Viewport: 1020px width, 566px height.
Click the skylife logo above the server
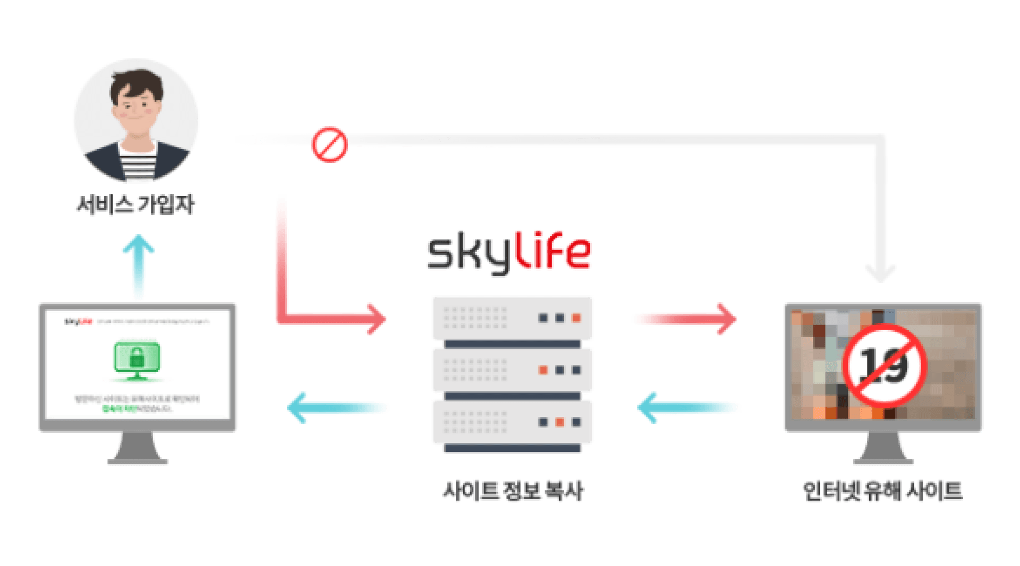pyautogui.click(x=508, y=252)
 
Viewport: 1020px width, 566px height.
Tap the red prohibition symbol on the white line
pyautogui.click(x=329, y=144)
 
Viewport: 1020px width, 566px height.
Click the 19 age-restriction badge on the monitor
pyautogui.click(x=885, y=365)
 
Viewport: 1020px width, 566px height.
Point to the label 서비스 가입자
pyautogui.click(x=135, y=205)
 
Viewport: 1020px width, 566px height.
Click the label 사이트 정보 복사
pyautogui.click(x=513, y=491)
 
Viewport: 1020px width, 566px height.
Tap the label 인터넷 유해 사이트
pyautogui.click(x=882, y=491)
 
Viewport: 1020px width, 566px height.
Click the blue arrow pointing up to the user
pyautogui.click(x=139, y=265)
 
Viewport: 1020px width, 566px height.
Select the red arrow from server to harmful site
pyautogui.click(x=685, y=319)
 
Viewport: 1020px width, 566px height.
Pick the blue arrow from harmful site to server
pyautogui.click(x=688, y=407)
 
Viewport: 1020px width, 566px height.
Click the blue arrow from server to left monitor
pyautogui.click(x=338, y=407)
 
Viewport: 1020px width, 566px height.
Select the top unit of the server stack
pyautogui.click(x=512, y=318)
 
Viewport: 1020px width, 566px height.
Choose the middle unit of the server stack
pyautogui.click(x=512, y=370)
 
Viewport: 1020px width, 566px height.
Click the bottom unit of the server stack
pyautogui.click(x=512, y=422)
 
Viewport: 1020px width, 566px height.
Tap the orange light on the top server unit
pyautogui.click(x=576, y=318)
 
